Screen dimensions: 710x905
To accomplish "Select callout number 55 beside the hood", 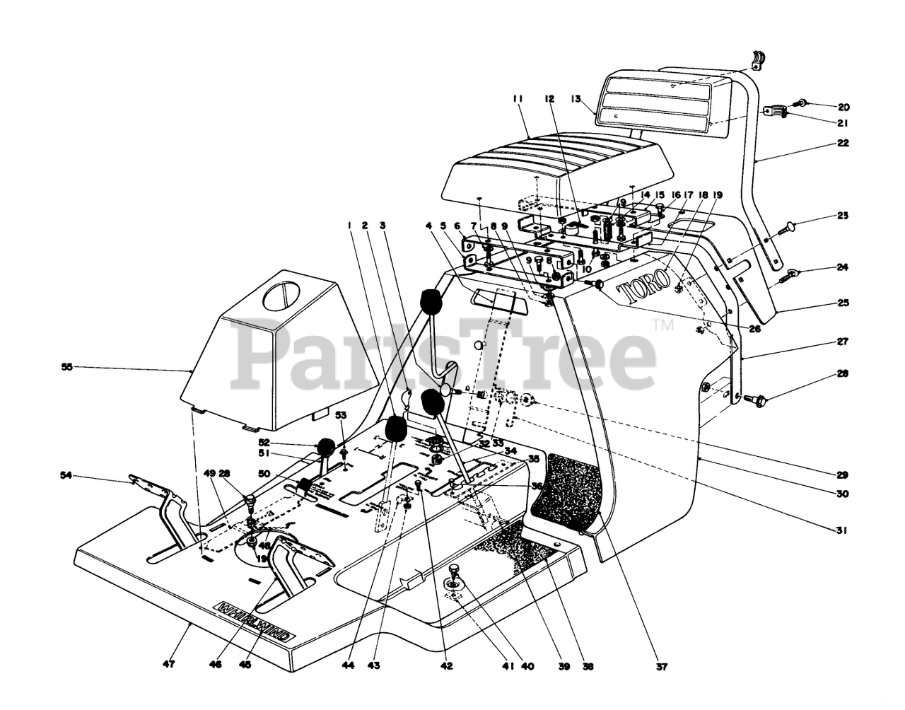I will click(67, 367).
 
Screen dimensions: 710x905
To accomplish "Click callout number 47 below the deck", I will click(168, 665).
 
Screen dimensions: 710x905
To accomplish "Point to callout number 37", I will click(660, 666).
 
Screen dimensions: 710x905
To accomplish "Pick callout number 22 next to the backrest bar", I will click(843, 143).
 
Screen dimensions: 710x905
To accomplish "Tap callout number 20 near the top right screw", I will click(843, 107).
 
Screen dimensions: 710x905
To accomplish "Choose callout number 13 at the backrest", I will click(576, 100).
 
